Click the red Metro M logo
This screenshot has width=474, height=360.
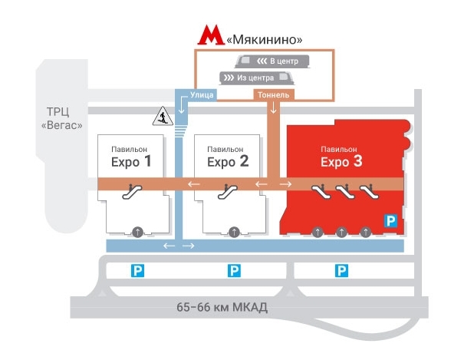pyautogui.click(x=211, y=35)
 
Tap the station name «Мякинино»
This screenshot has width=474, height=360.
pyautogui.click(x=264, y=40)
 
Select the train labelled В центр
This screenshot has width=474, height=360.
pyautogui.click(x=272, y=61)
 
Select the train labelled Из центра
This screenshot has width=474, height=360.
pyautogui.click(x=257, y=78)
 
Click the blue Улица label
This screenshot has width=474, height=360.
pyautogui.click(x=202, y=95)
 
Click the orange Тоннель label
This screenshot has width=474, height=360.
pyautogui.click(x=273, y=95)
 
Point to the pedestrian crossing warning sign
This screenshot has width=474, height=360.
pyautogui.click(x=163, y=116)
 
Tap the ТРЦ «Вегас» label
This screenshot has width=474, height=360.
pyautogui.click(x=61, y=118)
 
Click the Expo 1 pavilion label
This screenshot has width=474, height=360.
pyautogui.click(x=130, y=157)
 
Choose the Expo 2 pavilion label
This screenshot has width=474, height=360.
pyautogui.click(x=228, y=157)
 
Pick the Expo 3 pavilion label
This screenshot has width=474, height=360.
pyautogui.click(x=341, y=157)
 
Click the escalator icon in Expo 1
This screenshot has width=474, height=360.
pyautogui.click(x=132, y=192)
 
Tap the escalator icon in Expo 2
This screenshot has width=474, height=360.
pyautogui.click(x=228, y=192)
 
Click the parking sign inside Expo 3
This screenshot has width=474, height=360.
pyautogui.click(x=390, y=221)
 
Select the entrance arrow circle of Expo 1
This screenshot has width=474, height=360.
pyautogui.click(x=137, y=233)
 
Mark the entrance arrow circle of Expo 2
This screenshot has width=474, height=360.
pyautogui.click(x=234, y=233)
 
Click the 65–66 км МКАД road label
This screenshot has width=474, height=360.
pyautogui.click(x=222, y=307)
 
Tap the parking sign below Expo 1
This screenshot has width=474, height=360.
pyautogui.click(x=137, y=271)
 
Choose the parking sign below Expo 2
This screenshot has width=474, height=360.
pyautogui.click(x=234, y=271)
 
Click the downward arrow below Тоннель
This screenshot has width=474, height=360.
pyautogui.click(x=273, y=107)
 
